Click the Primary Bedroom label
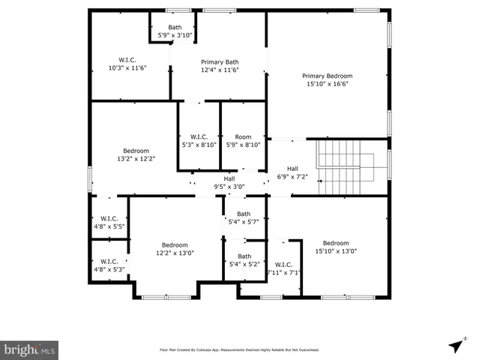click(x=327, y=79)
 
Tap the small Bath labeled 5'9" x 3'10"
click(x=175, y=31)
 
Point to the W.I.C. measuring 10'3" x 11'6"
click(x=127, y=64)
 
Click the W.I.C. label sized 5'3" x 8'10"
click(x=199, y=141)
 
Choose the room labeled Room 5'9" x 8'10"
click(x=243, y=141)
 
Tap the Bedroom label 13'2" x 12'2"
click(x=136, y=154)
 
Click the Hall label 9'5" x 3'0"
click(x=229, y=182)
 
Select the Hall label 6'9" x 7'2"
click(x=292, y=173)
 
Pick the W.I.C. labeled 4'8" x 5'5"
click(x=109, y=221)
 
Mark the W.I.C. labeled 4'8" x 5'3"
click(x=109, y=265)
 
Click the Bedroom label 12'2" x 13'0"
click(x=175, y=249)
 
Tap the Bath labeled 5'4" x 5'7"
click(x=244, y=217)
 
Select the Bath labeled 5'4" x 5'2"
click(x=244, y=260)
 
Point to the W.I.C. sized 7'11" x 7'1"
click(x=283, y=268)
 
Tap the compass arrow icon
click(x=455, y=345)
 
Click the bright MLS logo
click(x=30, y=349)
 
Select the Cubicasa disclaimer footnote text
click(x=239, y=350)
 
